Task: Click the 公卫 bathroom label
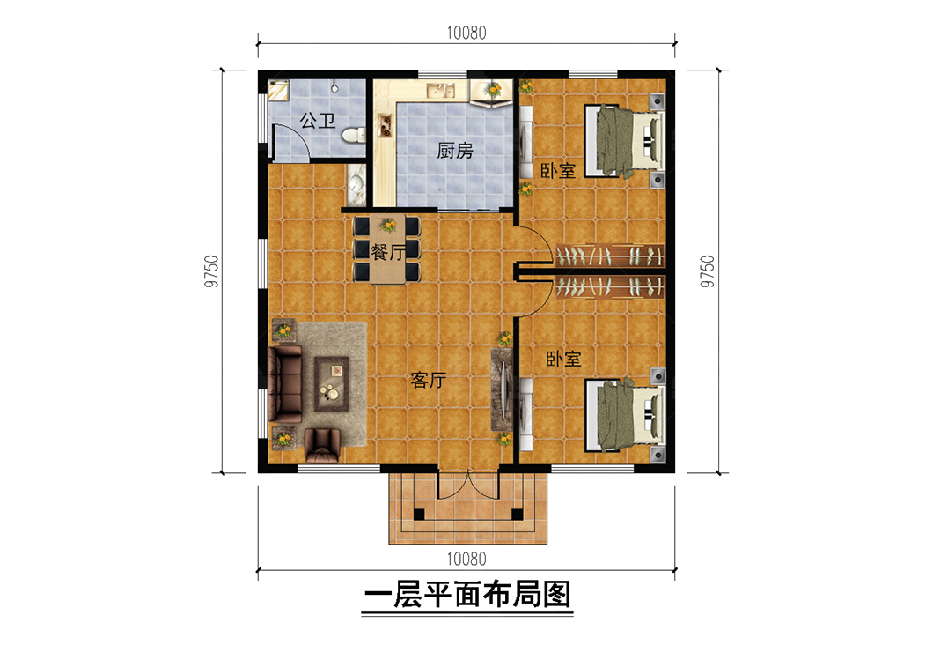(317, 121)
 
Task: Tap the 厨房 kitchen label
(454, 151)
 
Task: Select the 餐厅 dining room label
(388, 252)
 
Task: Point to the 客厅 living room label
(429, 380)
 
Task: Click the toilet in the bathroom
(354, 135)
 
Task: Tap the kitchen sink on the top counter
(441, 91)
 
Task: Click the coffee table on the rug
(332, 383)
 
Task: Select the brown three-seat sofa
(284, 383)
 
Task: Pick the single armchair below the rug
(322, 445)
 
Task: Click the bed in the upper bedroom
(623, 141)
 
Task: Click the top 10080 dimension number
(466, 33)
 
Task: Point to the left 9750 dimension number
(211, 271)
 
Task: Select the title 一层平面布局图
(467, 595)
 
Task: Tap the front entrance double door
(468, 485)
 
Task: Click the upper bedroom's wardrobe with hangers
(610, 256)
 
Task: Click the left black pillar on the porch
(420, 515)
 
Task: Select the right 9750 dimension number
(708, 271)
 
